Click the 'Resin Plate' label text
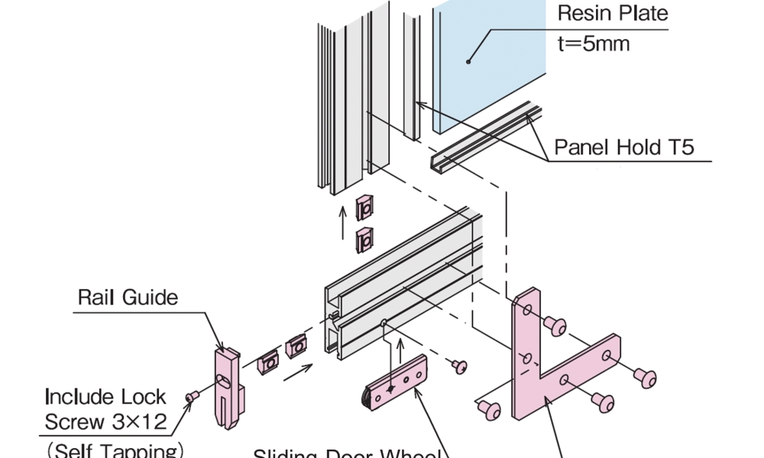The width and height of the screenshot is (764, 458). tap(612, 13)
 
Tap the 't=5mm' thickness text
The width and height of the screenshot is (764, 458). tap(594, 44)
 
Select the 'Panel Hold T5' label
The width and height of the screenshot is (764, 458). tap(623, 147)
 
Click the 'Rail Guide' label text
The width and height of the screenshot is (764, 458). tap(128, 297)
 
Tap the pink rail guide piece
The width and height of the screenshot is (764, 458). tap(226, 385)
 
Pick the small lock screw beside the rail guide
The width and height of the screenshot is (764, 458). tap(193, 395)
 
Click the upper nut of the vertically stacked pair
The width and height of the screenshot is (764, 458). tap(365, 207)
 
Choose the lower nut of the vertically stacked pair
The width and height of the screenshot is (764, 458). tap(365, 240)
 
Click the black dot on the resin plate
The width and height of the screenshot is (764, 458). tap(468, 60)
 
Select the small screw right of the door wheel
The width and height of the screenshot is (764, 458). tap(460, 367)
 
